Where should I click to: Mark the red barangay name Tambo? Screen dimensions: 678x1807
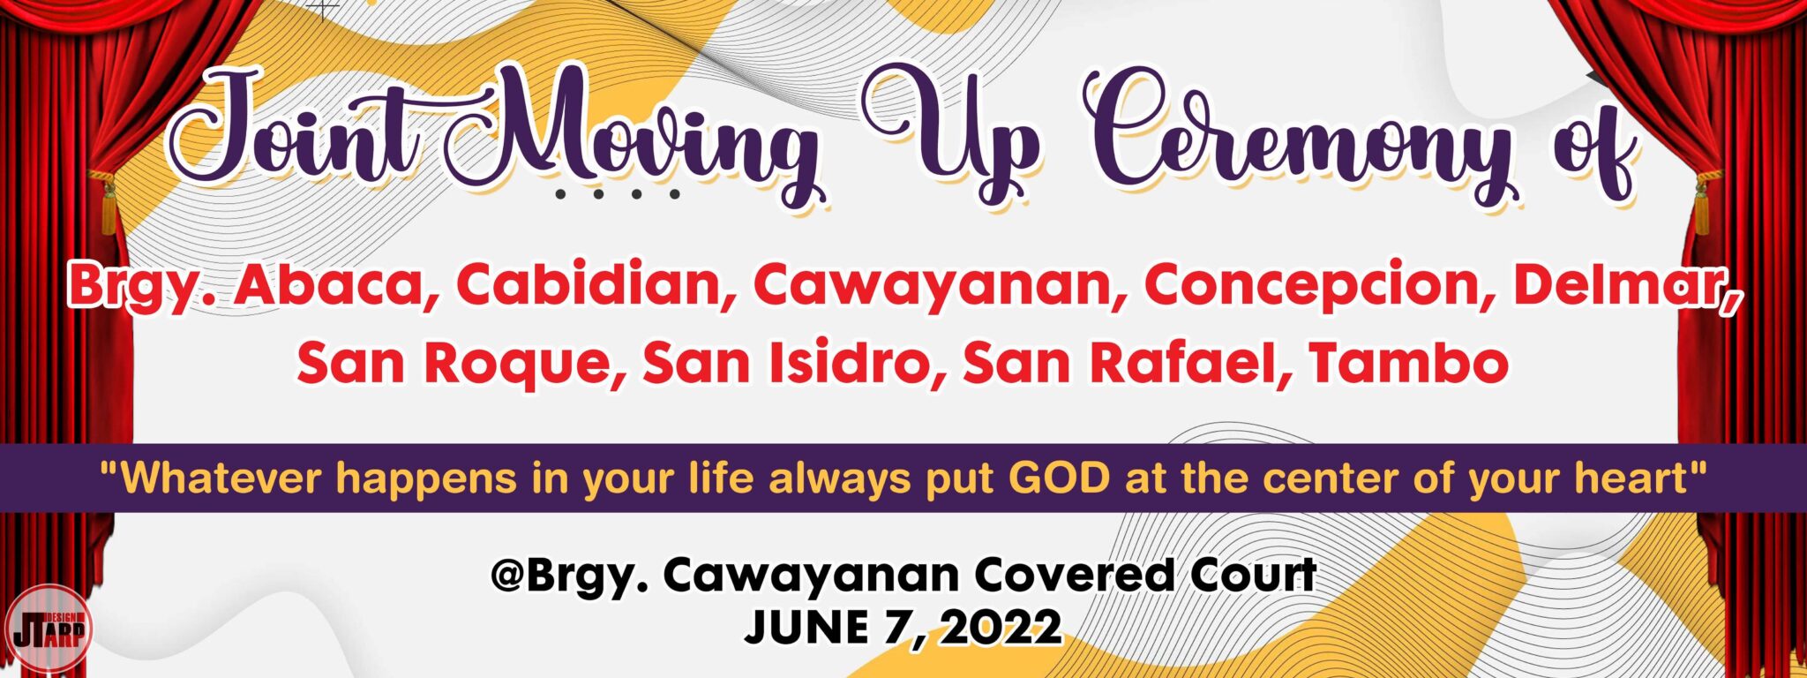(1408, 363)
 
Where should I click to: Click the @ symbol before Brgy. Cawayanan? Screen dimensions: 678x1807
(509, 576)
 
